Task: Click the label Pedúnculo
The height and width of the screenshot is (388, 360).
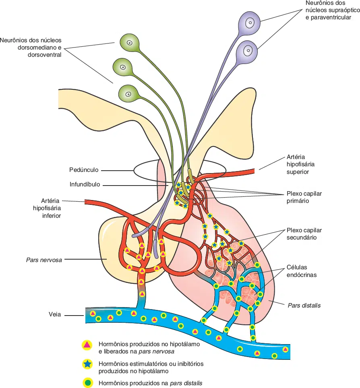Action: pos(84,170)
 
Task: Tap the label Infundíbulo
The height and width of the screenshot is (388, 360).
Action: pos(85,185)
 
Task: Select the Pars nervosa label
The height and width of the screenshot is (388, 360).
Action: pos(43,260)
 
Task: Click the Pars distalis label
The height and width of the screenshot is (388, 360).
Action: pos(304,305)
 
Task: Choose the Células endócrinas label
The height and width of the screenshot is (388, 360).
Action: pos(302,271)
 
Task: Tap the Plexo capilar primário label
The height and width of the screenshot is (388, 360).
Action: pos(304,197)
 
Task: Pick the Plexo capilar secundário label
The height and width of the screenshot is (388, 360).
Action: pos(304,234)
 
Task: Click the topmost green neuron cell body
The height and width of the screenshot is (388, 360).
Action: pos(130,42)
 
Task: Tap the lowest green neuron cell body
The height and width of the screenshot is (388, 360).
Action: pos(128,94)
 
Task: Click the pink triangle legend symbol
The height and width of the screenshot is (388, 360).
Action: pos(87,345)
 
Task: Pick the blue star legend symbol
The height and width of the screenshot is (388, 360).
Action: pos(87,364)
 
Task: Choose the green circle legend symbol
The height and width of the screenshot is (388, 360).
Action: pos(87,383)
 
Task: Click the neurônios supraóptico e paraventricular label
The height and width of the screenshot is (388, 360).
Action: pos(328,10)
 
